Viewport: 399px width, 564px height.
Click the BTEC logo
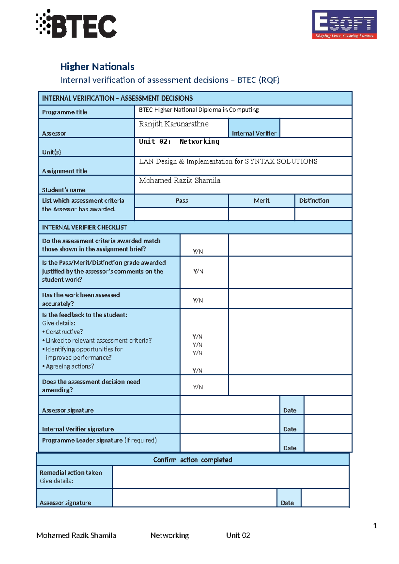pyautogui.click(x=77, y=24)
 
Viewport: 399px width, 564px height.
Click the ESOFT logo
pyautogui.click(x=344, y=24)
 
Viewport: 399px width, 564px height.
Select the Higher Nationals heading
pyautogui.click(x=97, y=67)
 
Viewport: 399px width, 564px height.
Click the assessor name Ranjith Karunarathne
pyautogui.click(x=174, y=124)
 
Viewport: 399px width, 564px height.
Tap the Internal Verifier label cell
pyautogui.click(x=254, y=133)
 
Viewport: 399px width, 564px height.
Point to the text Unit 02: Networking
pyautogui.click(x=179, y=142)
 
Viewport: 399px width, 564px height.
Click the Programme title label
pyautogui.click(x=65, y=112)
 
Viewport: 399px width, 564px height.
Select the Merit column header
pyautogui.click(x=261, y=201)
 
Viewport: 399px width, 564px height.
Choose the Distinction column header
pyautogui.click(x=314, y=201)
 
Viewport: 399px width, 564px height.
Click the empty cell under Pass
pyautogui.click(x=182, y=214)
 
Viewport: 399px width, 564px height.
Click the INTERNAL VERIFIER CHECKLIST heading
pyautogui.click(x=84, y=227)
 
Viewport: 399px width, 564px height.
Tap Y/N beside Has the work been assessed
pyautogui.click(x=198, y=300)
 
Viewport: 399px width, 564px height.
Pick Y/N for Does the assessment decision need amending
pyautogui.click(x=198, y=387)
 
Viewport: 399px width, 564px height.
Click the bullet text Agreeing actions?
pyautogui.click(x=70, y=366)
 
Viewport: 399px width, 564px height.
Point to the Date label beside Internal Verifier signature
pyautogui.click(x=290, y=429)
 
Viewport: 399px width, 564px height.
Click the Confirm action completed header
pyautogui.click(x=193, y=460)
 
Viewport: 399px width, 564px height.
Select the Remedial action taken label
pyautogui.click(x=70, y=473)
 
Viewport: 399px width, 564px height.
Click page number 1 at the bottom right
pyautogui.click(x=375, y=526)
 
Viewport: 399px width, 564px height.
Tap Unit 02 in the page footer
pyautogui.click(x=238, y=535)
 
